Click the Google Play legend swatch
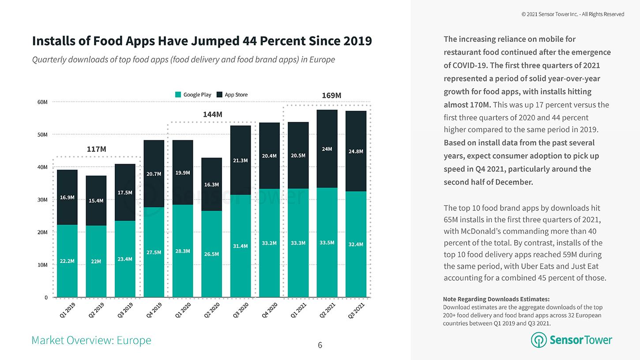pos(178,94)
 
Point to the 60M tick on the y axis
pos(42,102)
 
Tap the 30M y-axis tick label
pos(42,199)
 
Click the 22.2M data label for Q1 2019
pos(67,261)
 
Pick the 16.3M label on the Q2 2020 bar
pos(211,184)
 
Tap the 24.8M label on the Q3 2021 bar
pos(356,151)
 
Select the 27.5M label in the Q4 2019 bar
pos(154,252)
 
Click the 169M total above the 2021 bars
pos(331,96)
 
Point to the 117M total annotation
pos(96,150)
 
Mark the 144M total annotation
pos(212,115)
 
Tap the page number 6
pos(320,345)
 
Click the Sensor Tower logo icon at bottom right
pos(538,340)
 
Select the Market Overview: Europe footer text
pos(91,341)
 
